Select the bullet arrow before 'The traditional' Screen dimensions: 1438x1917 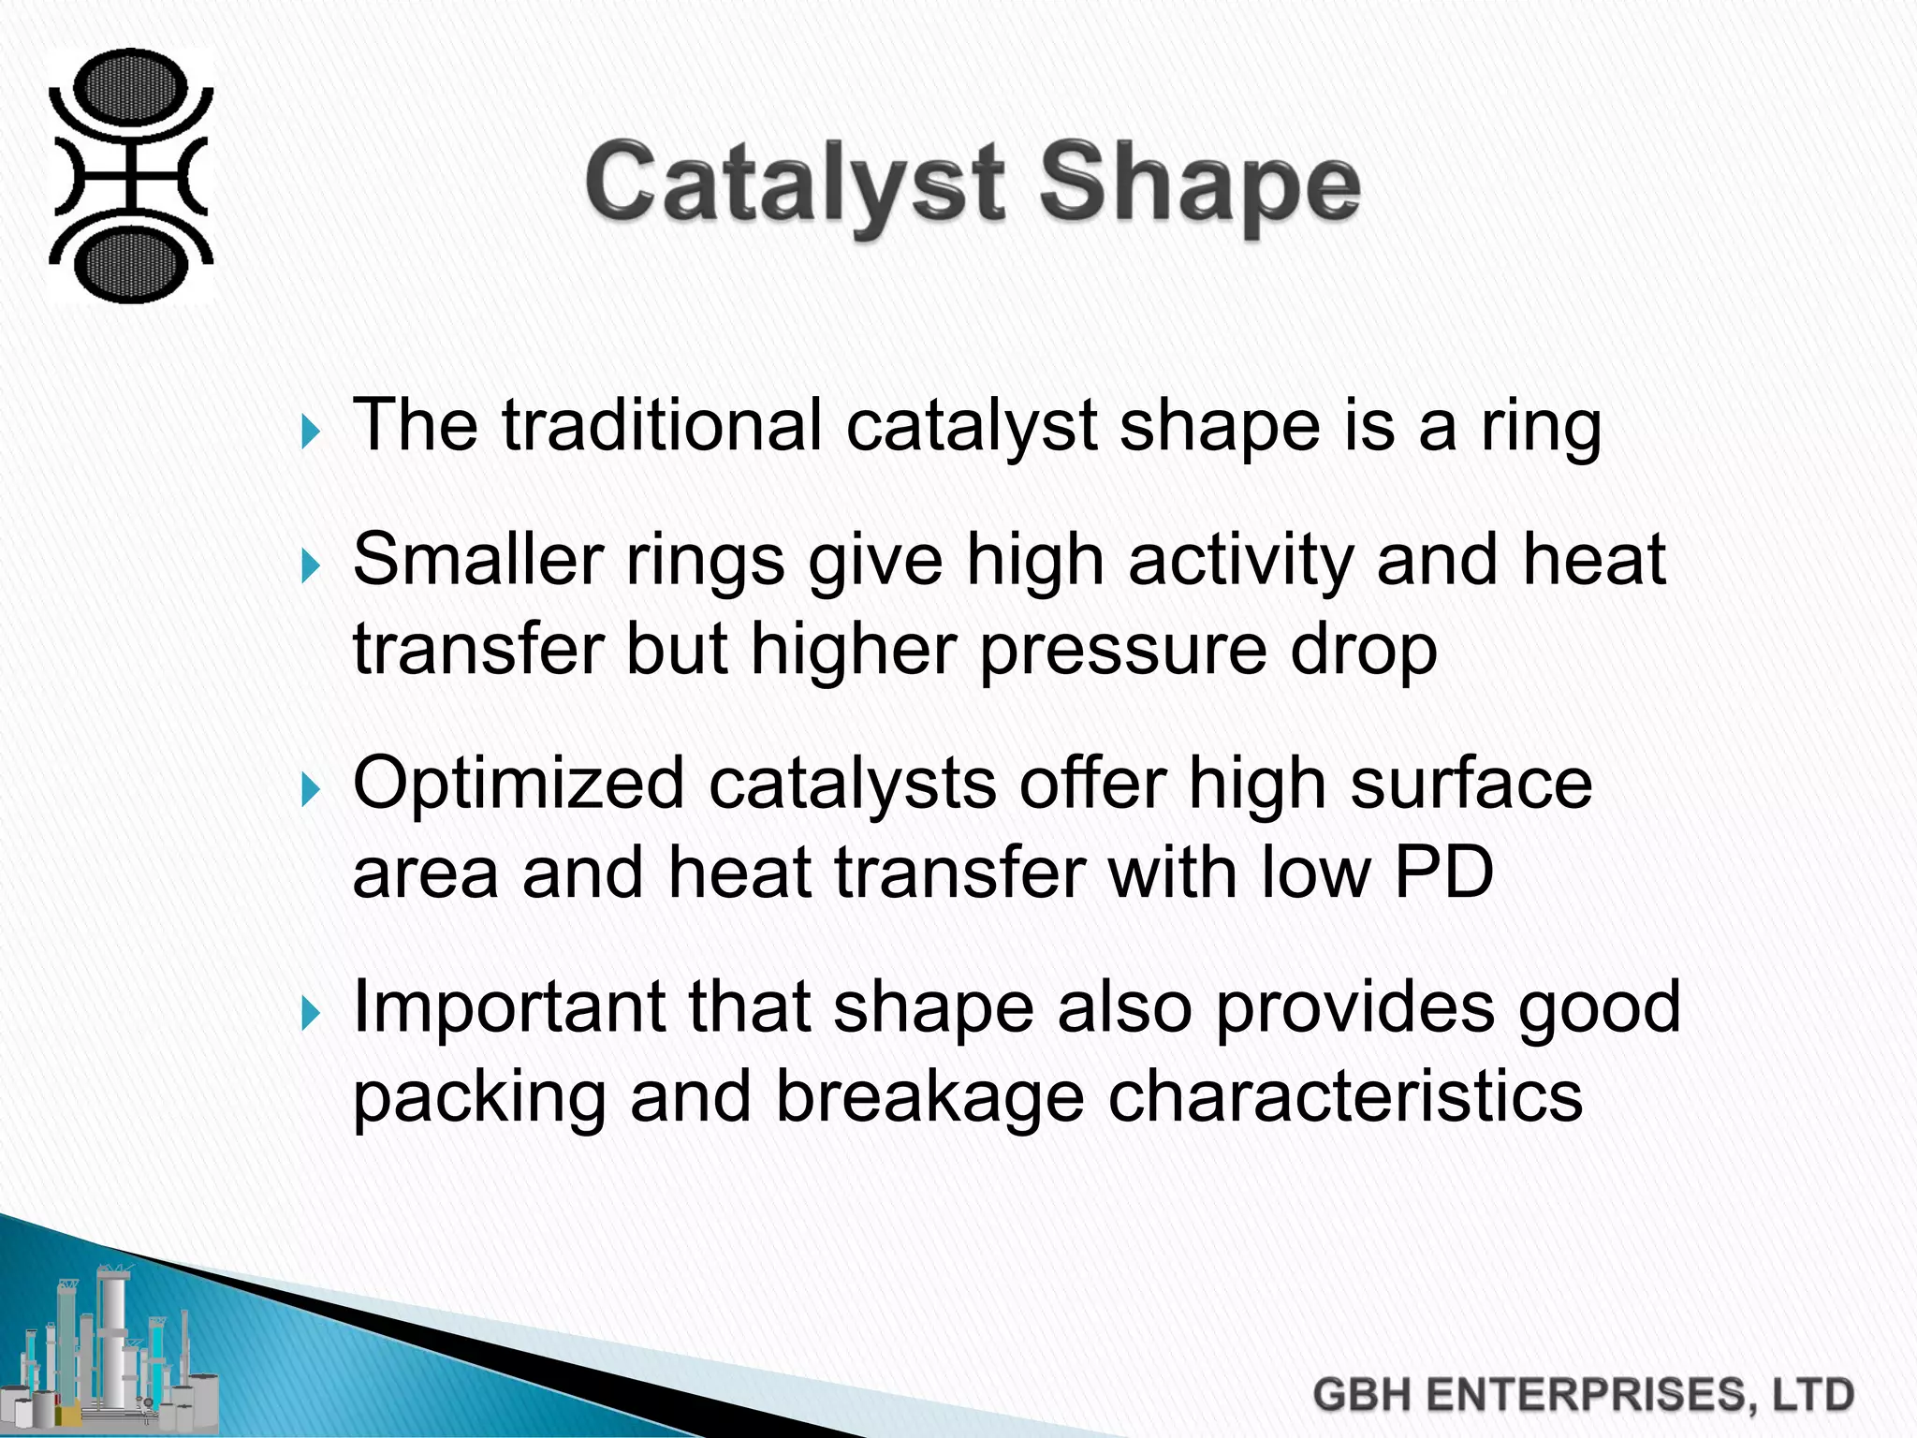point(312,433)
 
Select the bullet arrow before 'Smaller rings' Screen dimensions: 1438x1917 point(312,566)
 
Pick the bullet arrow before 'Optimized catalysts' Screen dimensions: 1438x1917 point(312,791)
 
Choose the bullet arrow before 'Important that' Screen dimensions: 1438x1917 point(312,1014)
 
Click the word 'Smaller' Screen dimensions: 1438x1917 point(477,560)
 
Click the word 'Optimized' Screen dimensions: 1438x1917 point(519,785)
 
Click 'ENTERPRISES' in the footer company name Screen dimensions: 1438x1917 point(1588,1395)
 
